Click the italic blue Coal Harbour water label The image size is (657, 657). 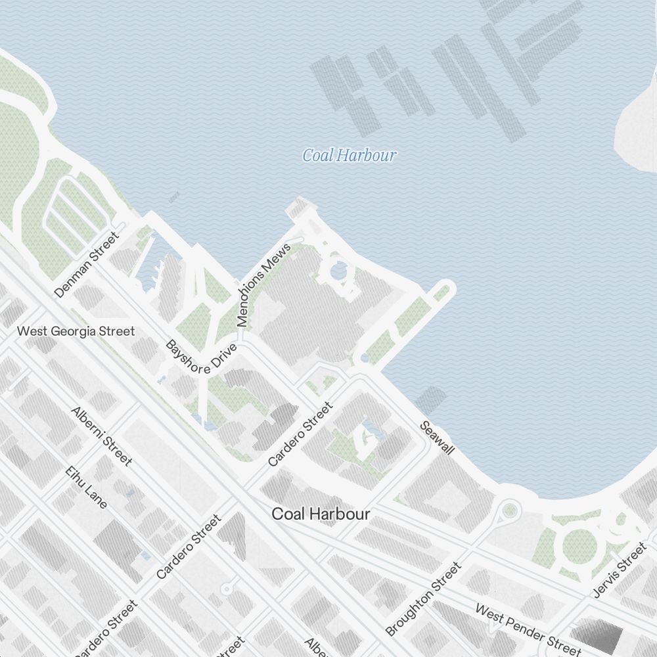click(x=349, y=156)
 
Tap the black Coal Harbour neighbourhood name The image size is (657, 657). click(x=321, y=514)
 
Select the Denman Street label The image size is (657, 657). click(x=87, y=264)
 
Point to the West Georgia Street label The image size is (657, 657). click(x=76, y=331)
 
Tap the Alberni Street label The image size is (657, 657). click(x=102, y=436)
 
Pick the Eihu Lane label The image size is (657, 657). click(x=86, y=487)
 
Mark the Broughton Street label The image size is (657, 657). click(x=423, y=599)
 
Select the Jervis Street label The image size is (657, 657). click(x=620, y=570)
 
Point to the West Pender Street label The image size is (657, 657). click(x=528, y=629)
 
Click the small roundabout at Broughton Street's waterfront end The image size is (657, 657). click(x=509, y=509)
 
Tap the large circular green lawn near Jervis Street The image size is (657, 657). click(x=580, y=545)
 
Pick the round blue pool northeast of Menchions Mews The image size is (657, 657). click(x=339, y=269)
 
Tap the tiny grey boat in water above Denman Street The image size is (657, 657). click(x=174, y=196)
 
